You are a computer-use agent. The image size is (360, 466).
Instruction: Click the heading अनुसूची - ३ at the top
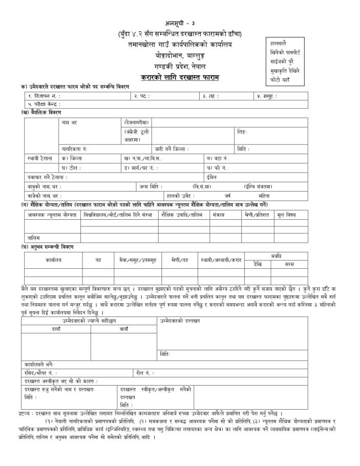(x=179, y=24)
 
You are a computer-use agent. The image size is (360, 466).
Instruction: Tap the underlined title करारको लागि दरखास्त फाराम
(x=179, y=77)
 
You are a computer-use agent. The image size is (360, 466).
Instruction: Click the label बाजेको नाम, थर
(x=45, y=196)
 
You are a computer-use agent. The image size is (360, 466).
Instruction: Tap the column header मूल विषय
(x=287, y=216)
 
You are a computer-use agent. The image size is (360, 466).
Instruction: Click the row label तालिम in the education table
(x=34, y=238)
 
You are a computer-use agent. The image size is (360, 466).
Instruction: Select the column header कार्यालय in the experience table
(x=53, y=260)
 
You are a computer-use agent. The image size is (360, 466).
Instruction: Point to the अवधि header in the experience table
(x=277, y=256)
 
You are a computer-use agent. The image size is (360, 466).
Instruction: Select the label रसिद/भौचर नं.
(x=40, y=373)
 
